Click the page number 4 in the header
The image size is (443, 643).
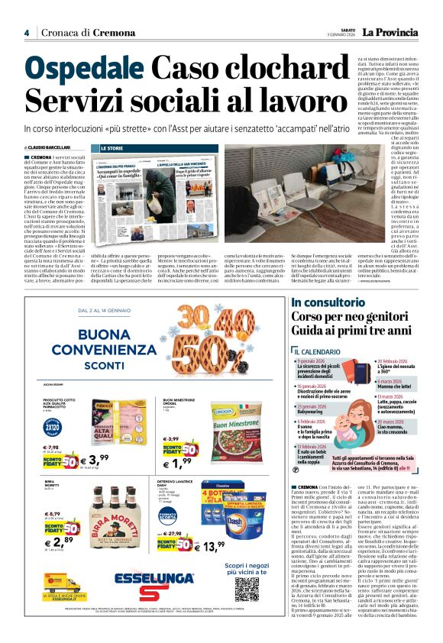(x=27, y=33)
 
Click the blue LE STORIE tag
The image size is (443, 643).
(x=112, y=147)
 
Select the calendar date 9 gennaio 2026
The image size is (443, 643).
(x=316, y=360)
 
